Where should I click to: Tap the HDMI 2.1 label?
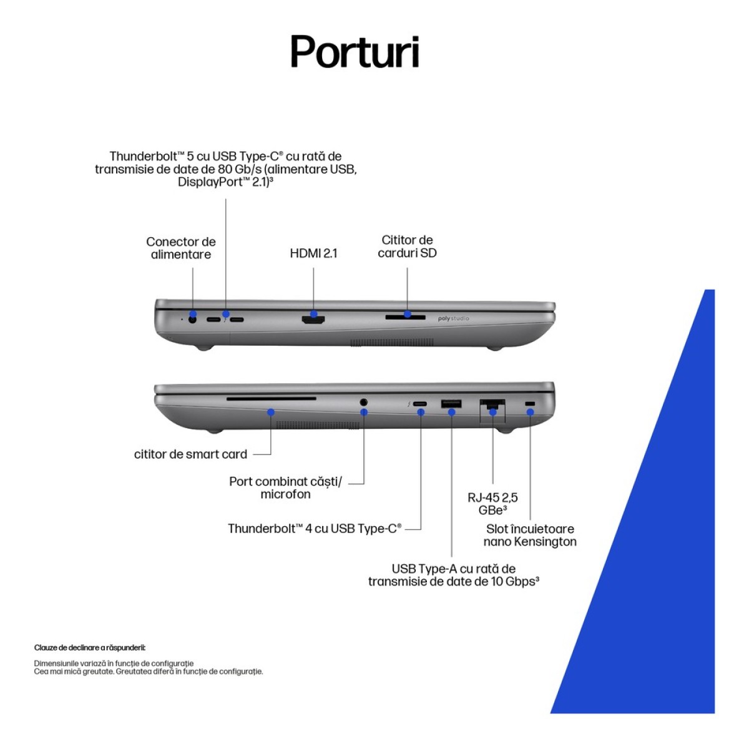click(313, 253)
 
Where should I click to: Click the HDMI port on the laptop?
click(313, 320)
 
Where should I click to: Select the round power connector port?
click(192, 320)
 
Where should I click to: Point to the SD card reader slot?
click(405, 318)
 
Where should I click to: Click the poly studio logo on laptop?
click(453, 319)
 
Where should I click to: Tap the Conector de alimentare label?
click(181, 248)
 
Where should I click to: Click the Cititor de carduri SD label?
click(407, 247)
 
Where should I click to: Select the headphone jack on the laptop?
click(364, 402)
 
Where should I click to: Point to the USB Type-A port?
click(451, 403)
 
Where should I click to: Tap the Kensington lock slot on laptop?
click(529, 404)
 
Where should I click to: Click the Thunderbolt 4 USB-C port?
click(420, 404)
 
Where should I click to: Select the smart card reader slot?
click(272, 398)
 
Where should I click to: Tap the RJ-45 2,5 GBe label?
click(492, 504)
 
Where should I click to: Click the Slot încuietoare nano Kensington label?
click(530, 535)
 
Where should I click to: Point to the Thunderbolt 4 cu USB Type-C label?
click(315, 529)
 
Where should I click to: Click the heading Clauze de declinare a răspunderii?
click(90, 647)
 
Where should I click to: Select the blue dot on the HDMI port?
click(314, 314)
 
